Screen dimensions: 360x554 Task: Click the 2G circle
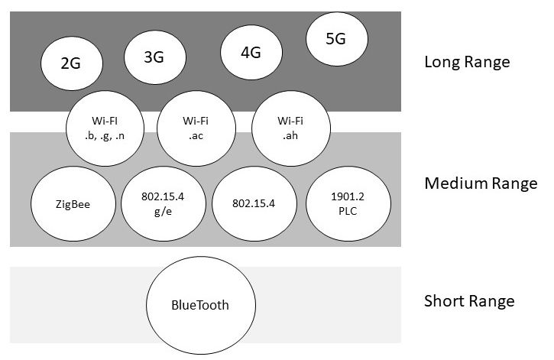(x=70, y=65)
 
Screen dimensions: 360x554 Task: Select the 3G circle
(x=154, y=57)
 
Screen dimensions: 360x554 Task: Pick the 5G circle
(x=336, y=41)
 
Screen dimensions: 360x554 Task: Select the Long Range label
(x=466, y=62)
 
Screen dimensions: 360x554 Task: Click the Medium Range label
(x=480, y=183)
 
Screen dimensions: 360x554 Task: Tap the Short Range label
(x=468, y=301)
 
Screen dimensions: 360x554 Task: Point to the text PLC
(x=338, y=212)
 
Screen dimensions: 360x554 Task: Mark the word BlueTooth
(x=200, y=306)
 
